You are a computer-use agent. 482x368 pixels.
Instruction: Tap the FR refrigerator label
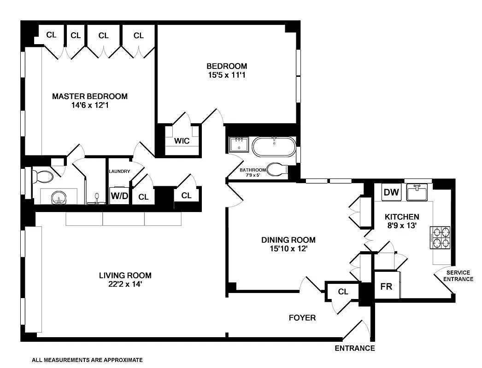click(x=386, y=286)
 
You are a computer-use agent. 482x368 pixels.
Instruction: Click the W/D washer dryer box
click(x=119, y=196)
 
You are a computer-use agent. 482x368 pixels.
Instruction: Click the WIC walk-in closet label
click(x=182, y=141)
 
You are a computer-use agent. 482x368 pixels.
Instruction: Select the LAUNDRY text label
click(x=119, y=172)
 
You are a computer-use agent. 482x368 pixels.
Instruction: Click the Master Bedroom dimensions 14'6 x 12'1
click(x=89, y=105)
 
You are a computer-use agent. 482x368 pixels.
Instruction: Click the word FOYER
click(x=302, y=318)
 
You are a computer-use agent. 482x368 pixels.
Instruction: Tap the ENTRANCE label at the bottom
click(x=354, y=348)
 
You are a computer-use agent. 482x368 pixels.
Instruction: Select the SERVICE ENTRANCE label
click(x=457, y=276)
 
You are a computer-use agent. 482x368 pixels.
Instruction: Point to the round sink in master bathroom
click(x=59, y=198)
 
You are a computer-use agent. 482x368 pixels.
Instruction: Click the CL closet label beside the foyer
click(x=343, y=292)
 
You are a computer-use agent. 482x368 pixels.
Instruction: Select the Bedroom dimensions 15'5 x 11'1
click(x=226, y=75)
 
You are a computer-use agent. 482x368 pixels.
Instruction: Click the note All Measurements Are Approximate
click(x=87, y=360)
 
